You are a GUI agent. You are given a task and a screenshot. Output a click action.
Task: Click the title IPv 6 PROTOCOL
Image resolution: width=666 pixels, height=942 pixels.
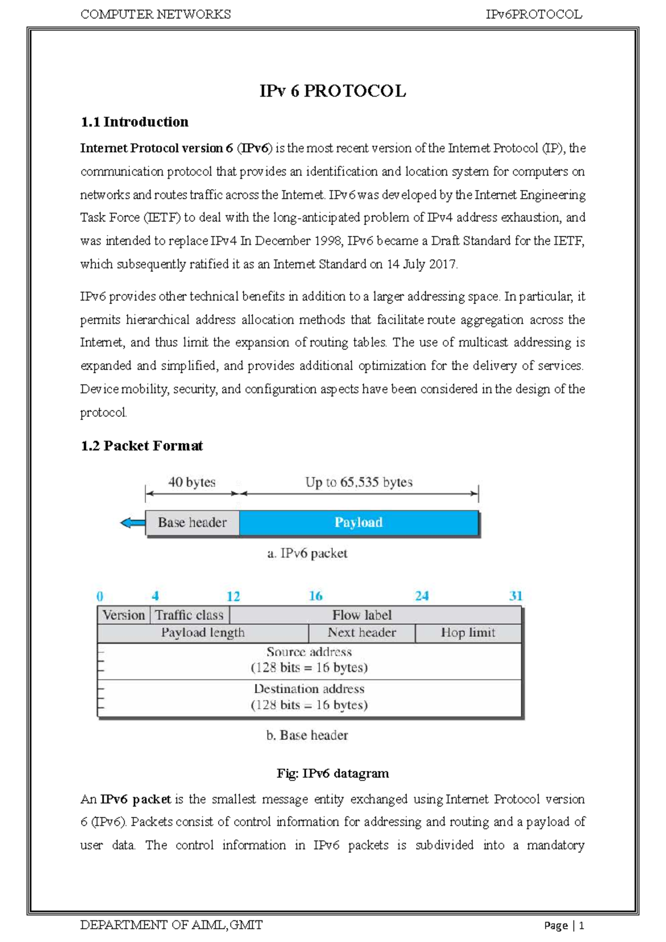[332, 91]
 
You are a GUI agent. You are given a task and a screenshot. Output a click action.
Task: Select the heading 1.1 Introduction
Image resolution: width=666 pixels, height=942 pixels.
[134, 122]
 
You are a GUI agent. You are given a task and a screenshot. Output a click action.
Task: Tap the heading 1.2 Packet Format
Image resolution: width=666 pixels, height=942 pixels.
[142, 445]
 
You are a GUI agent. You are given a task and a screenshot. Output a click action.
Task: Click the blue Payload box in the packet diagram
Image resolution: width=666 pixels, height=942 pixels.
[359, 523]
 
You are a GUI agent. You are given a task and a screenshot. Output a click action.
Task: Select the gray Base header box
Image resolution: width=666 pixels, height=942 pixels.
[192, 523]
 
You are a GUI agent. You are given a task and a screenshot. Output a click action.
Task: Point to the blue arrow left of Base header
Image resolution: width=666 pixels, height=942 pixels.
[132, 523]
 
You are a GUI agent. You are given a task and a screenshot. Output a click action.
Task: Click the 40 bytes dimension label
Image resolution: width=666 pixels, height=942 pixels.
[191, 482]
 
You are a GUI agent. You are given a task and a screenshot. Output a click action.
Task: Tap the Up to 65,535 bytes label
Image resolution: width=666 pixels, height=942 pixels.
[359, 482]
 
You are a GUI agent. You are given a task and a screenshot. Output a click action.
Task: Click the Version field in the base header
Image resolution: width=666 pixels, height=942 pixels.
[123, 615]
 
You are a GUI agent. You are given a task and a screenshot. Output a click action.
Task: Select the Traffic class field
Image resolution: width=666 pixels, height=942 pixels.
[189, 615]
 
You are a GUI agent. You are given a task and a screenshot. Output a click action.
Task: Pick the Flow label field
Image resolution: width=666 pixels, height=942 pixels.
[362, 615]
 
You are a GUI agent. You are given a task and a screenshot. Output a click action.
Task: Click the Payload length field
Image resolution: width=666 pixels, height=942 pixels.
[203, 633]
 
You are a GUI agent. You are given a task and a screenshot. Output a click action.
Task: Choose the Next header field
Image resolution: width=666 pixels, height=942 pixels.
[362, 633]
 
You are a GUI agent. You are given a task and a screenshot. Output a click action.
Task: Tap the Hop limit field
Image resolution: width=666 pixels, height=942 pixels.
[468, 633]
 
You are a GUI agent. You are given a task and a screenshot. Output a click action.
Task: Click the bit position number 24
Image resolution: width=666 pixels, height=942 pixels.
[422, 596]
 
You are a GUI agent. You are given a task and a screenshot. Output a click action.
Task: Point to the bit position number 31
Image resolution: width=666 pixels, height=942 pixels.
[516, 596]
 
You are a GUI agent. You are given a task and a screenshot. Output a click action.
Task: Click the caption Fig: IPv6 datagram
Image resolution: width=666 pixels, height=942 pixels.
[332, 773]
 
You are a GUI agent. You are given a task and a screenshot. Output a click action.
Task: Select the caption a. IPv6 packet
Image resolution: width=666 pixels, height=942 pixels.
[307, 553]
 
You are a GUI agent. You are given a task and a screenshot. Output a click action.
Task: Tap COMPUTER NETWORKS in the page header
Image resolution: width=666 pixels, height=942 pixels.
[155, 14]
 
